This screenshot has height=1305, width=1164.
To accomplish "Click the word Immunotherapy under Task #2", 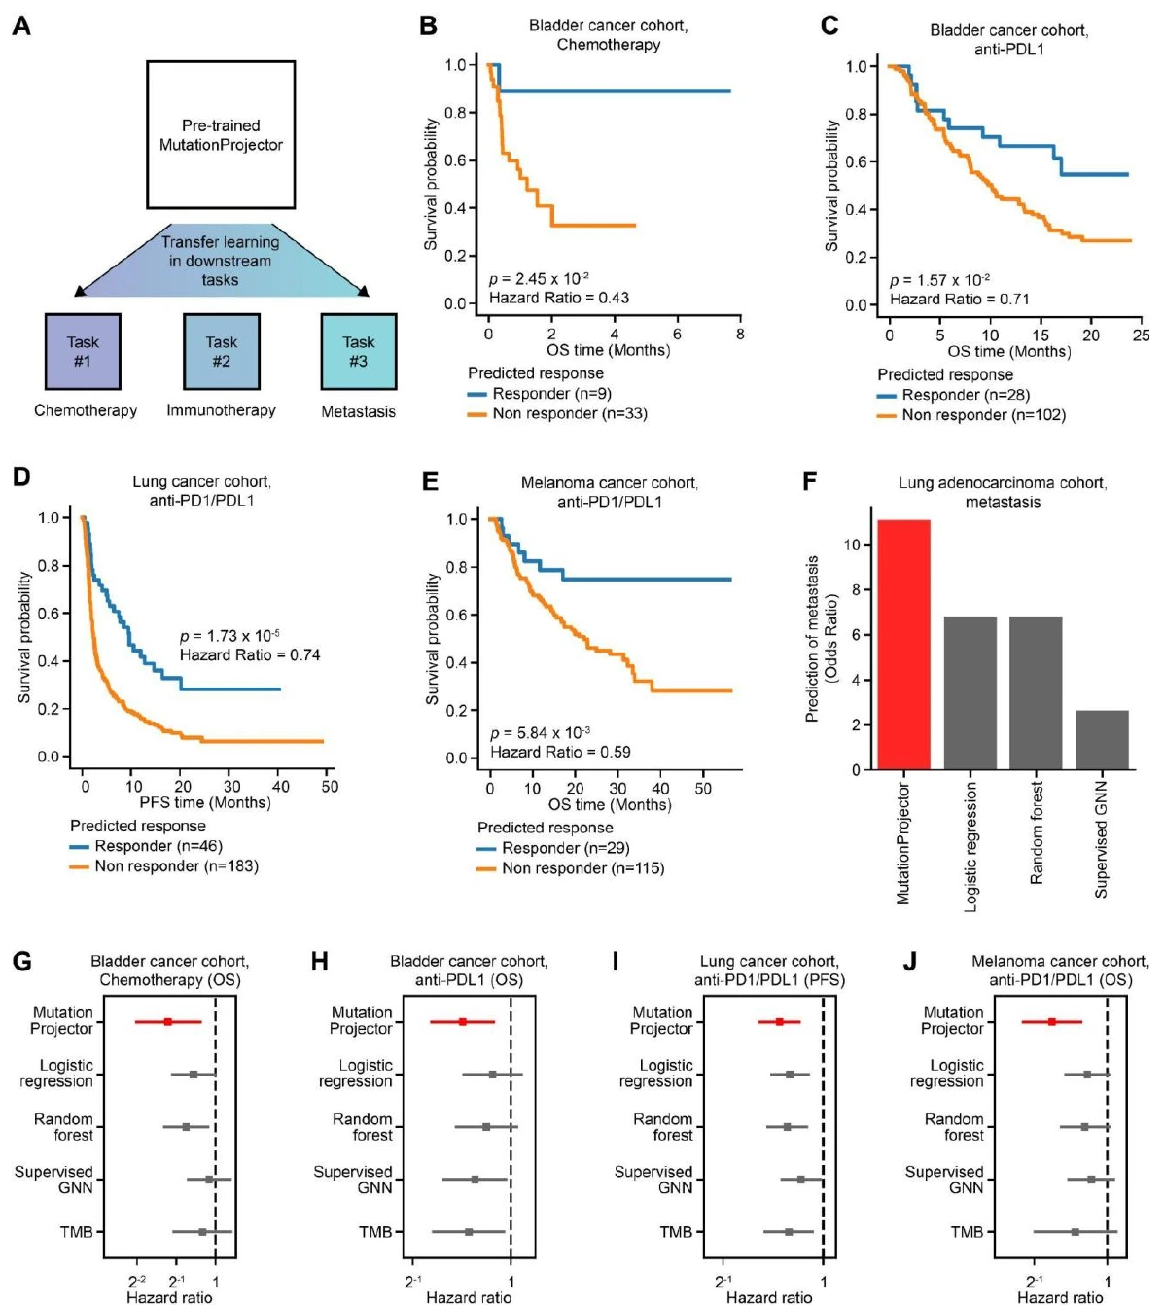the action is point(221,410).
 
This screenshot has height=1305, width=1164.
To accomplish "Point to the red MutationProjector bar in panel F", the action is point(903,644).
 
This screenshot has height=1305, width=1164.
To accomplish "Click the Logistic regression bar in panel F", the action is point(970,692).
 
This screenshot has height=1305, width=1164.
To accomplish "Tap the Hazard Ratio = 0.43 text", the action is point(558,298).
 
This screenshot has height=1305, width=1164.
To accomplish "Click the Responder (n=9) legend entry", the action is point(539,394).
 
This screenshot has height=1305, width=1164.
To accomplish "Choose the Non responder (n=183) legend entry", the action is point(163,865).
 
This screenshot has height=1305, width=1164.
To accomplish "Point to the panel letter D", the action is point(21,476).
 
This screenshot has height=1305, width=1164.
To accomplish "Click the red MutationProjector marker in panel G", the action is point(168,1022).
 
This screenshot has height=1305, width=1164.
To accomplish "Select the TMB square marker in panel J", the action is point(1075,1231).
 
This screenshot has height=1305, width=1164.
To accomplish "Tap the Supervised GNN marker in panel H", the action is point(475,1180).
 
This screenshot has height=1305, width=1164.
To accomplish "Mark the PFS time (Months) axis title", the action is point(205,802).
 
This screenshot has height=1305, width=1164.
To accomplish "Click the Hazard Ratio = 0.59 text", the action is point(560,752).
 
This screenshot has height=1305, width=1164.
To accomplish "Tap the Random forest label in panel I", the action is point(663,1127).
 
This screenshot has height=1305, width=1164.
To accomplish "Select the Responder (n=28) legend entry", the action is point(953,395).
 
